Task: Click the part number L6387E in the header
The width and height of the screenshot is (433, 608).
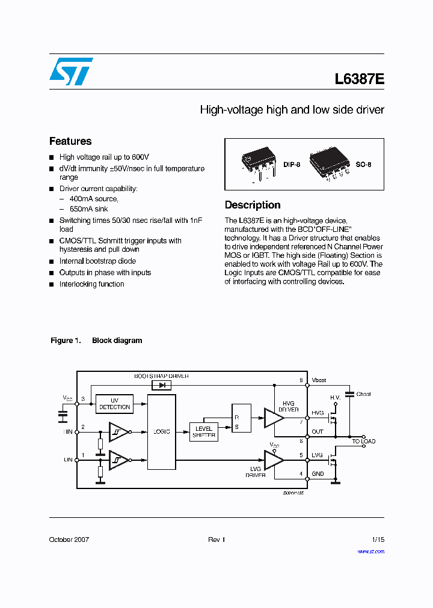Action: [359, 79]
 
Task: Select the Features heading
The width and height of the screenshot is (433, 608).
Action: [70, 141]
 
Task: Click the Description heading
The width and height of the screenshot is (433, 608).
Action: [253, 205]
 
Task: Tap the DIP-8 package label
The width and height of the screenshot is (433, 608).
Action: [292, 164]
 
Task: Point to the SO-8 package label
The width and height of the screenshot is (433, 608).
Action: [363, 164]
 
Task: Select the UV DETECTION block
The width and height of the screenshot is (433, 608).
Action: [114, 404]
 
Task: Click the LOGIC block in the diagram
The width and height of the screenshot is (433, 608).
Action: [161, 431]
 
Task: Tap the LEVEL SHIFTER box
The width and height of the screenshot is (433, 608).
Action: [204, 432]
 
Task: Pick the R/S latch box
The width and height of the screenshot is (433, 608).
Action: [241, 418]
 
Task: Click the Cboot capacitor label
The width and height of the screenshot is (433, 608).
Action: [363, 394]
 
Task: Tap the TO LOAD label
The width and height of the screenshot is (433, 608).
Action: [364, 442]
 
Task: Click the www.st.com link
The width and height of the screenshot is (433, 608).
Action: [370, 552]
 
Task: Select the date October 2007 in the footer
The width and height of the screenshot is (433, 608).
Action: [69, 540]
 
